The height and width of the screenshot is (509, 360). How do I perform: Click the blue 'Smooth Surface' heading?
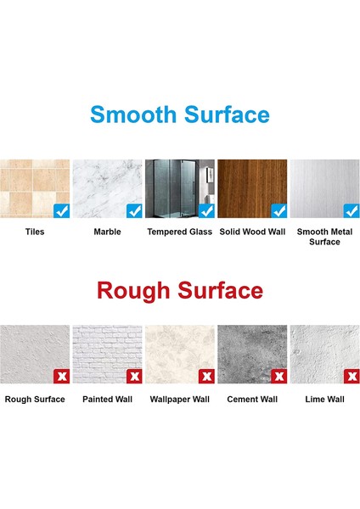180,115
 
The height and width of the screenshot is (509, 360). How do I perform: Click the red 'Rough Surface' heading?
180,290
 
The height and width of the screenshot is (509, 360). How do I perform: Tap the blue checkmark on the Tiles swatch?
62,211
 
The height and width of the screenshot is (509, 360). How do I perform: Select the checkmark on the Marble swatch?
134,211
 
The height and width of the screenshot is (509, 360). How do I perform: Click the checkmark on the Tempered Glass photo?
206,211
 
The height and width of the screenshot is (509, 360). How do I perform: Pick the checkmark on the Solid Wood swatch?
279,211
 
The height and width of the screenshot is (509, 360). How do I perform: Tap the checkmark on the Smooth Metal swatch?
352,211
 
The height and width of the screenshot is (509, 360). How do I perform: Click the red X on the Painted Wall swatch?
134,376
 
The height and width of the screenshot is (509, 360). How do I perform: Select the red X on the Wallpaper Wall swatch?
206,376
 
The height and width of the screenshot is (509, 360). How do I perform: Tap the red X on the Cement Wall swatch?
279,376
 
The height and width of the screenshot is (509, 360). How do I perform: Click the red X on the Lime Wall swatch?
352,376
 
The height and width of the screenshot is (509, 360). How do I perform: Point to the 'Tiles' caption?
35,232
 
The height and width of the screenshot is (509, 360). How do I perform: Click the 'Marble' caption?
107,232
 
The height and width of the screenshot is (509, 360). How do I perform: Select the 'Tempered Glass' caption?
180,232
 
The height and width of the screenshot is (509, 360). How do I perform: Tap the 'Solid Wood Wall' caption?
252,232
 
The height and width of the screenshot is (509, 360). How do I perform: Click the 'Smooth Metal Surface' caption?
324,237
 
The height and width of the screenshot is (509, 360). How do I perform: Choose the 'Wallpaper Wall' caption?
180,400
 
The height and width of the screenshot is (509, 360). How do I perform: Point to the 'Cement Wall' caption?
252,400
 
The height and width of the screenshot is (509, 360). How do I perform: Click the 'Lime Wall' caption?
324,400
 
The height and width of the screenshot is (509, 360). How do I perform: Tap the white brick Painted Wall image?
107,354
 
